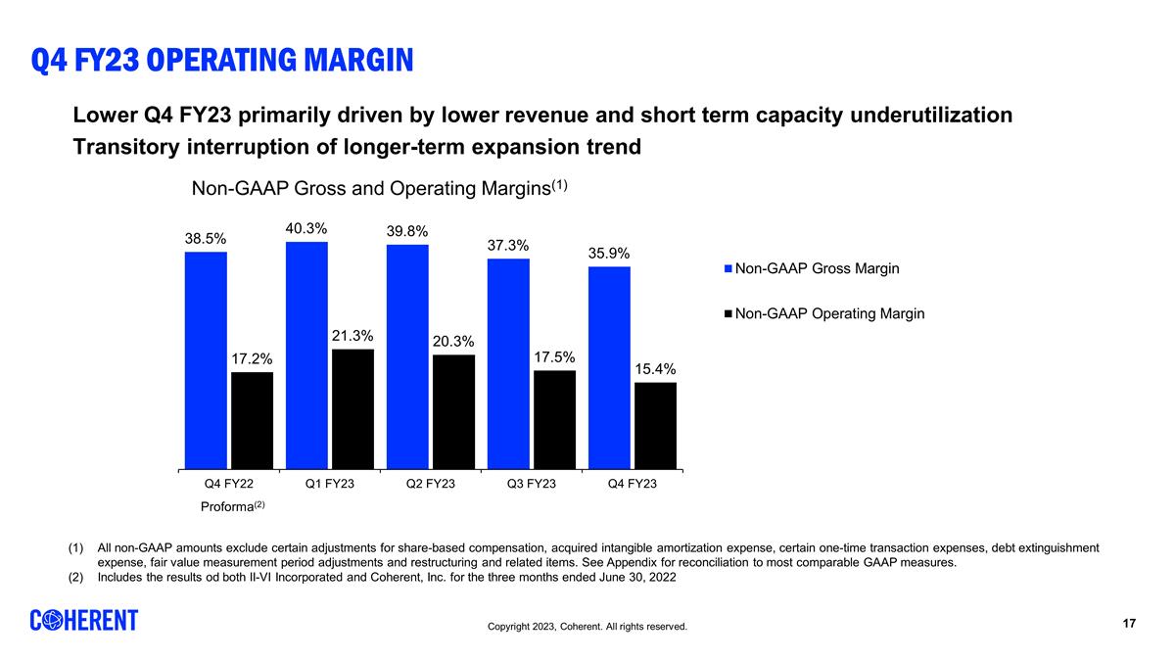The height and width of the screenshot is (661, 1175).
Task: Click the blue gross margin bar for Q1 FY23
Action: pos(306,355)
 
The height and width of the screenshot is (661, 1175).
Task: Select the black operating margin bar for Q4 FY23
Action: pos(655,426)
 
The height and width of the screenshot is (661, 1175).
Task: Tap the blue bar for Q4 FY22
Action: pos(206,360)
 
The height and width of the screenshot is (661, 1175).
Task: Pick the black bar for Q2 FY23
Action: pos(453,412)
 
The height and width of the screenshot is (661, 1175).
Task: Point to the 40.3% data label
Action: pos(306,228)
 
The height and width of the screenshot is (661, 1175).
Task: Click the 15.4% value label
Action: pos(655,369)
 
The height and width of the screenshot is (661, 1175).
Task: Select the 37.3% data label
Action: pos(508,245)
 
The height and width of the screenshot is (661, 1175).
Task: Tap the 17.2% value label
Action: pos(252,359)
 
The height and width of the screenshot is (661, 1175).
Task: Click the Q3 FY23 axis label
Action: pos(530,485)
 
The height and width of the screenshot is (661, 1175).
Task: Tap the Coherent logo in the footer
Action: pos(84,621)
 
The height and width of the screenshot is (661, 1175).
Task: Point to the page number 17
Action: pos(1129,624)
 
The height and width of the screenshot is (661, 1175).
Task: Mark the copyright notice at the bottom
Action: pos(587,627)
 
